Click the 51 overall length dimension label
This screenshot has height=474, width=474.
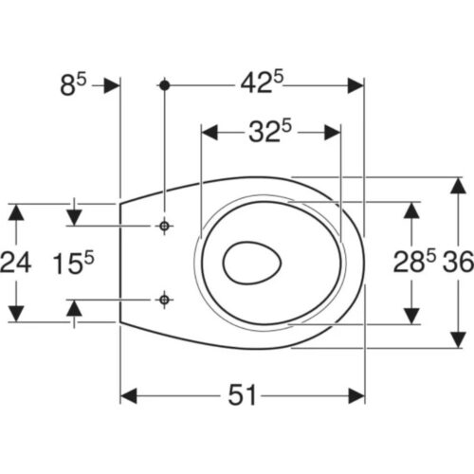[x=242, y=395]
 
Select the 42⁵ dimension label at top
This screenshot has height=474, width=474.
[x=262, y=82]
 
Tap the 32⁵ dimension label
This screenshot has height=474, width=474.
[x=270, y=132]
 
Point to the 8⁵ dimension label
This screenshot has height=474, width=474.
[x=73, y=84]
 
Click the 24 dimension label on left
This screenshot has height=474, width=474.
[x=16, y=263]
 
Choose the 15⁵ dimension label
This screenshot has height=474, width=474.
[x=73, y=263]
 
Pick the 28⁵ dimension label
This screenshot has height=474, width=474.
[x=414, y=261]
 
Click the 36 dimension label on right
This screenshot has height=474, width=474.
[x=458, y=262]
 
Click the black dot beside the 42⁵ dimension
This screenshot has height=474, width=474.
[x=164, y=85]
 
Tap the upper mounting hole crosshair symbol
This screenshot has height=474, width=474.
[x=164, y=226]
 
